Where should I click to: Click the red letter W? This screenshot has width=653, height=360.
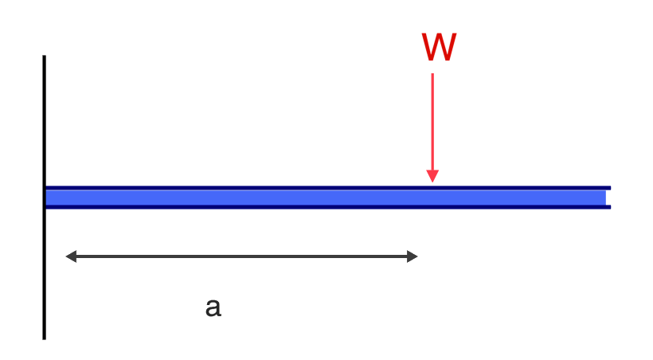tap(439, 49)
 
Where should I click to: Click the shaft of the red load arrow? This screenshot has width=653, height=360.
tap(432, 119)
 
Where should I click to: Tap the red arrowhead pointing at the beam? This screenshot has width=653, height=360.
tap(432, 176)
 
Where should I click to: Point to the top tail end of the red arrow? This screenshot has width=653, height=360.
tap(432, 74)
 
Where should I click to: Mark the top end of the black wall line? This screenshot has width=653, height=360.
tap(44, 57)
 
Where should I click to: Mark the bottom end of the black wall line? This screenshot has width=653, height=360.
tap(44, 338)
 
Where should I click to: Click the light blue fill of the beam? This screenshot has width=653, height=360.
tap(239, 198)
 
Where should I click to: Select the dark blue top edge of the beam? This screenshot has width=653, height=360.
tap(239, 188)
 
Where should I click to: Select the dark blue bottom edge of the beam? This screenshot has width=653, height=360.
tap(239, 207)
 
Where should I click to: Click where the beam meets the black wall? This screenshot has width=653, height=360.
tap(46, 198)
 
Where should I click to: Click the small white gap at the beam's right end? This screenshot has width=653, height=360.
tap(608, 198)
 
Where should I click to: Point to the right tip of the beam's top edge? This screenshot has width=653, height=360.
tap(610, 188)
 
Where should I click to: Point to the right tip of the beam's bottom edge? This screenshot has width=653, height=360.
tap(610, 207)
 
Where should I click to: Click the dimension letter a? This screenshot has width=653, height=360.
tap(213, 307)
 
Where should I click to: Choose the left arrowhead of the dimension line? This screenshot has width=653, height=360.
tap(70, 256)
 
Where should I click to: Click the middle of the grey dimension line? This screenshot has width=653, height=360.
tap(241, 256)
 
